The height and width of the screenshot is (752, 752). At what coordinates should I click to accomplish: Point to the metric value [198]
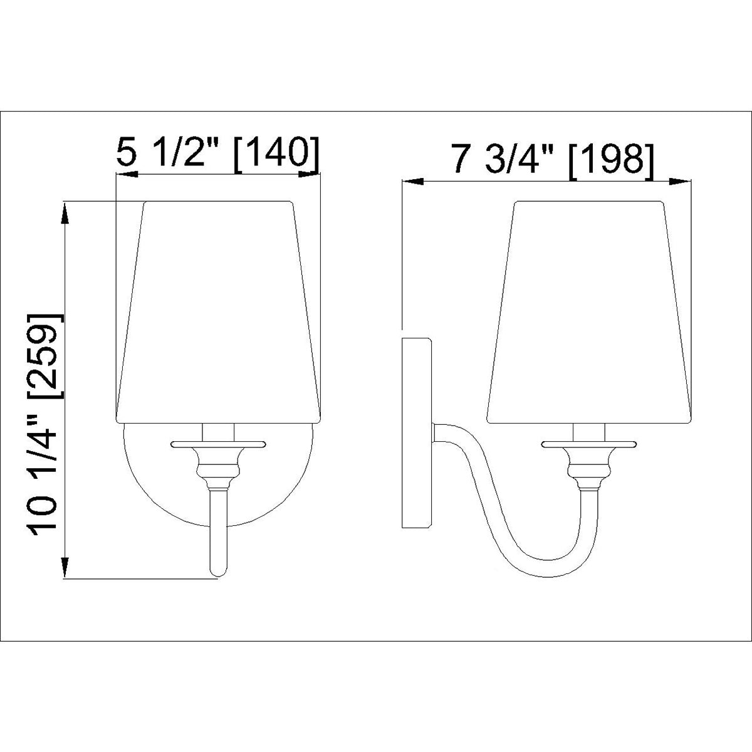(611, 161)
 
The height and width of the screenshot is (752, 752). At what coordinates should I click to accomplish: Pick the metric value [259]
(44, 355)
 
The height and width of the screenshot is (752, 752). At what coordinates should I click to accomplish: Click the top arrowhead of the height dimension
(65, 213)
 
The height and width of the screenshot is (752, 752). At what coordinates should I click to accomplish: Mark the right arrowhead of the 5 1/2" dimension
(309, 174)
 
